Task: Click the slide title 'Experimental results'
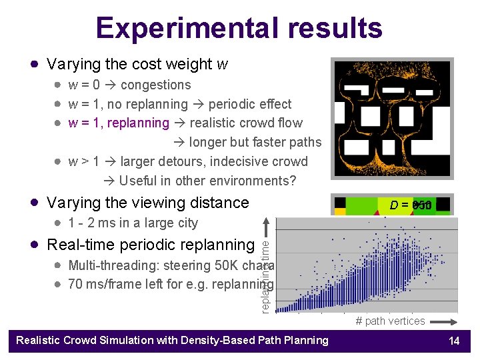click(x=239, y=28)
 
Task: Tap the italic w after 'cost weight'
click(x=223, y=65)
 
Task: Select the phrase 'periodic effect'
click(x=250, y=104)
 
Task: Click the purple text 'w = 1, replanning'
click(x=119, y=123)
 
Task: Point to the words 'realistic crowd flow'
click(x=246, y=123)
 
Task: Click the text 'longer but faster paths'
click(x=255, y=142)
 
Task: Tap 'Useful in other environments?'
click(x=207, y=181)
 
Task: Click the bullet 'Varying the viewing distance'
click(x=147, y=203)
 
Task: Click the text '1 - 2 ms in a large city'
click(x=133, y=223)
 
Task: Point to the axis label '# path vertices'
click(x=390, y=321)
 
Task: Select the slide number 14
click(x=454, y=341)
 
